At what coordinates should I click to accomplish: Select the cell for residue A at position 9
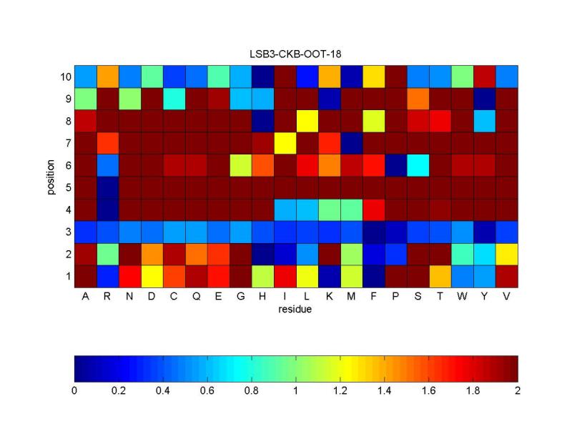85,99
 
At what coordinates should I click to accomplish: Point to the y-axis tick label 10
64,77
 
